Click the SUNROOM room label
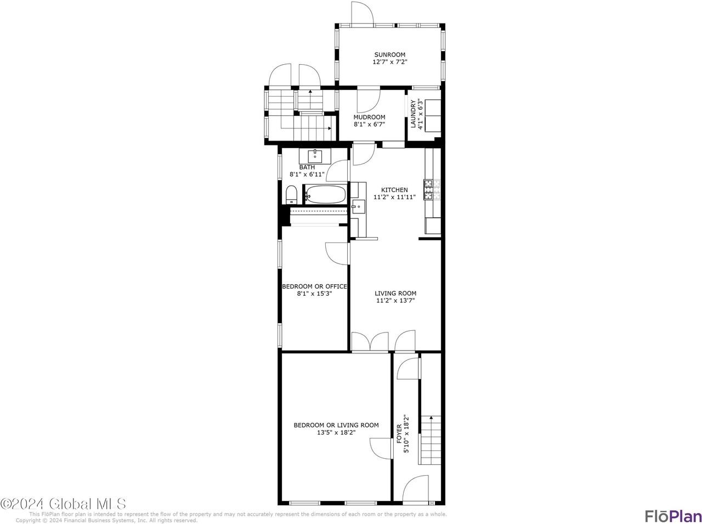coord(389,54)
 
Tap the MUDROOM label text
coord(369,117)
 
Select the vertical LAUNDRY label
coord(414,114)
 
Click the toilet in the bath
coord(291,194)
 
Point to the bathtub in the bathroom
coord(326,194)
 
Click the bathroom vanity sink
coord(316,155)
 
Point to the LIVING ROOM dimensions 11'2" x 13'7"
coord(395,300)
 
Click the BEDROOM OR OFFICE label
coord(314,286)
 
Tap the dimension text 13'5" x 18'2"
coord(336,432)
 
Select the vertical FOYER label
coord(399,433)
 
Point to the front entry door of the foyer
coord(415,489)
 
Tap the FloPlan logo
coord(673,516)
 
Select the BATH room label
coord(307,167)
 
